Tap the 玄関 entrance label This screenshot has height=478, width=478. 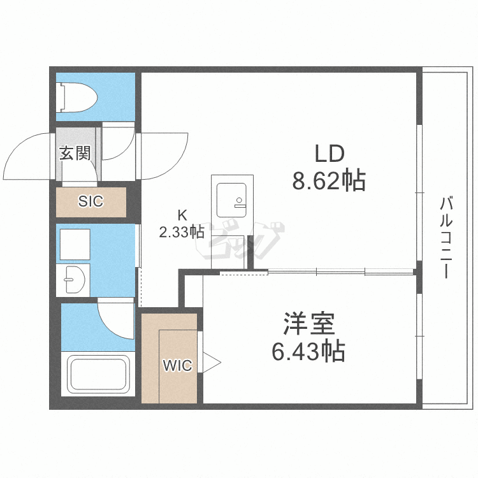coord(75,153)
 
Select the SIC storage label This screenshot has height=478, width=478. coord(91,201)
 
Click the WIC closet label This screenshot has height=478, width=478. coord(178,365)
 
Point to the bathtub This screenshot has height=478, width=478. coord(98,374)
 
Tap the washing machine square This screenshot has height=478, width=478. coord(75,244)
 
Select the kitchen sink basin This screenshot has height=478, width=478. coord(232,200)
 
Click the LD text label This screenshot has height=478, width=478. coord(330,154)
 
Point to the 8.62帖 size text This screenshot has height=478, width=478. coord(329,180)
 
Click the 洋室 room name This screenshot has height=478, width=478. coord(309,323)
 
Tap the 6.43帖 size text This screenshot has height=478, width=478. coord(308,351)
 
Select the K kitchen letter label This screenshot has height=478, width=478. coord(182,215)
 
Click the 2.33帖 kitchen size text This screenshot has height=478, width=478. coord(182,232)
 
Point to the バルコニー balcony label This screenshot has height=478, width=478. coord(446,238)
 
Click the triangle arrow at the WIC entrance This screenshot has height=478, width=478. coord(212,363)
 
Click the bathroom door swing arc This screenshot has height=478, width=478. coord(112,324)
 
